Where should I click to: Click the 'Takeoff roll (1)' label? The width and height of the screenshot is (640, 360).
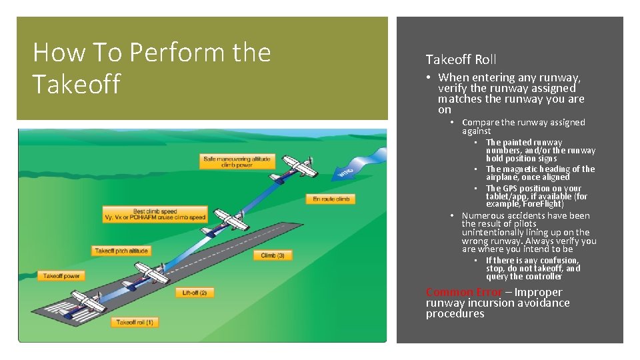point(135,323)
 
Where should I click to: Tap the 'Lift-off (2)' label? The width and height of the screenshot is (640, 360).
point(194,293)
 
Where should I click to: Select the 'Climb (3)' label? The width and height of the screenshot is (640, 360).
point(273,255)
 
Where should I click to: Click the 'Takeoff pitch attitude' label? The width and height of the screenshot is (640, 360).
point(121,251)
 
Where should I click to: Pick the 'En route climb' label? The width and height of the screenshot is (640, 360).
point(330,199)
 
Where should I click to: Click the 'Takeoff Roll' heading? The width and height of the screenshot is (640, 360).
point(461,59)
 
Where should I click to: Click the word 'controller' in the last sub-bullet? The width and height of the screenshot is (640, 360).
point(543,277)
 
